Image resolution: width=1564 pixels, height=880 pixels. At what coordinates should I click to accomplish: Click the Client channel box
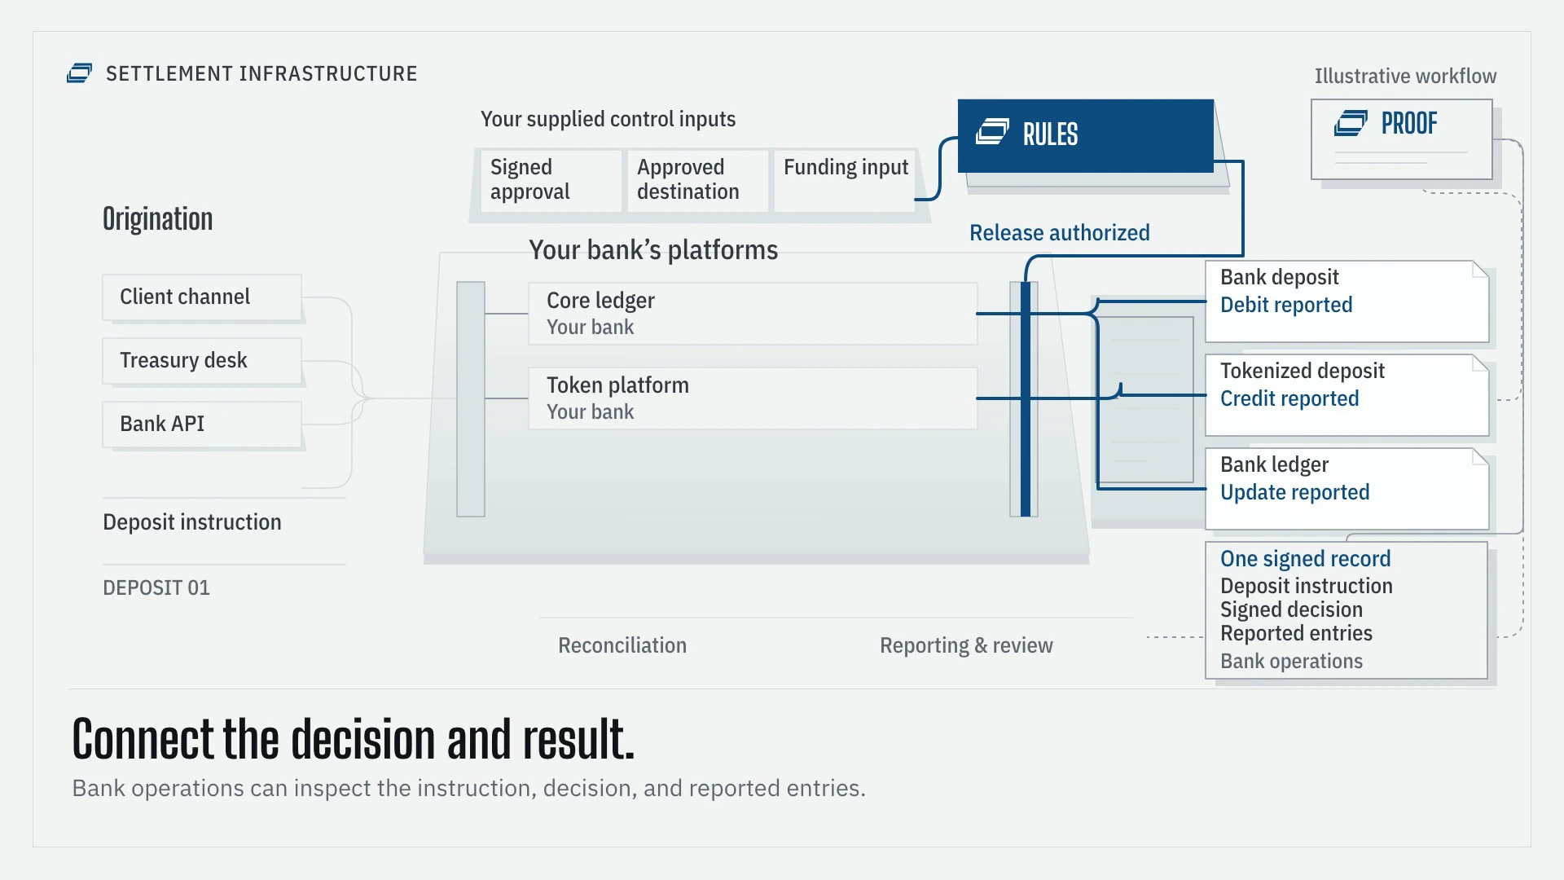(x=202, y=297)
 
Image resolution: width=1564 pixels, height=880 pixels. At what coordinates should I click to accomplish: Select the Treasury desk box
(x=202, y=361)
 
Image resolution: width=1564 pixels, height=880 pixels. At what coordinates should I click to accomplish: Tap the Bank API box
(x=202, y=425)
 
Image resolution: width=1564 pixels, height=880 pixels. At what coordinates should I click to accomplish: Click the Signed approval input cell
(x=551, y=181)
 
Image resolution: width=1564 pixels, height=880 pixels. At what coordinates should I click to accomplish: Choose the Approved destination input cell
(x=697, y=181)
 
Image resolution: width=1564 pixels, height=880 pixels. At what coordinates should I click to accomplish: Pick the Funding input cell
(x=845, y=181)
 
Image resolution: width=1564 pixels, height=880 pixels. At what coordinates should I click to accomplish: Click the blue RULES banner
(x=1086, y=135)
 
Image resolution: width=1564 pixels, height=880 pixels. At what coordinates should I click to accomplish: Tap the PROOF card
(x=1402, y=139)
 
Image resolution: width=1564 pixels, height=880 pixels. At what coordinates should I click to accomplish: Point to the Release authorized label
(x=1060, y=233)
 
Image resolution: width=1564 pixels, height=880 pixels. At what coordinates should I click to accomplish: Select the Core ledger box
(x=753, y=314)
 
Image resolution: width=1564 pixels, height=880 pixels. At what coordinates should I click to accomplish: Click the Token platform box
(x=753, y=398)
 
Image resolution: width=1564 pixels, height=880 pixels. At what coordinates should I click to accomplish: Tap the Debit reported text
(x=1286, y=305)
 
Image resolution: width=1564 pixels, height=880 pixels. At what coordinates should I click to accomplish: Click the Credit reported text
(x=1289, y=398)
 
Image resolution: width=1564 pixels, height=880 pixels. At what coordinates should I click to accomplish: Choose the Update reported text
(x=1295, y=492)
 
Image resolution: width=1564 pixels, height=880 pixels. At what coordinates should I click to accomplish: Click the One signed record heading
(x=1306, y=559)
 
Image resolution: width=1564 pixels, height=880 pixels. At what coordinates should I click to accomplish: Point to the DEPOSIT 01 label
(x=156, y=587)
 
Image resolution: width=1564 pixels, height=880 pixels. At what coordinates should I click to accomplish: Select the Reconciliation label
(x=622, y=645)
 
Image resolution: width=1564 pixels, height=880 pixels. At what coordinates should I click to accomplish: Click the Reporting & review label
(x=966, y=645)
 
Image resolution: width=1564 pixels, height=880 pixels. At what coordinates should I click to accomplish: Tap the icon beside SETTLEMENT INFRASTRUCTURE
(x=79, y=73)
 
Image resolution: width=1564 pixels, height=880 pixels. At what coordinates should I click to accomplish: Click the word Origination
(x=158, y=219)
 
